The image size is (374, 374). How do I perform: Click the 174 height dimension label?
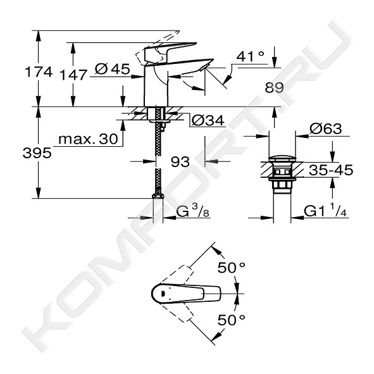tap(39, 72)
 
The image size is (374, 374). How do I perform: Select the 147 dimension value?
tap(73, 75)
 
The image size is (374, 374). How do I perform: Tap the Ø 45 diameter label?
tap(113, 69)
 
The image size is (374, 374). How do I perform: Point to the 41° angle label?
tap(251, 56)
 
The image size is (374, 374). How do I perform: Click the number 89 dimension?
tap(274, 87)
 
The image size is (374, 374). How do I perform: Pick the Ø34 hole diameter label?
tap(208, 121)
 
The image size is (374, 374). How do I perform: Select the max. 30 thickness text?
tap(88, 139)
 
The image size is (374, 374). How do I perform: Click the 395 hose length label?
tap(37, 153)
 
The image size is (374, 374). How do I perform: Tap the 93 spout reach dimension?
tap(180, 162)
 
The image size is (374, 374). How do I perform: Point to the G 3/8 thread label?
tap(193, 211)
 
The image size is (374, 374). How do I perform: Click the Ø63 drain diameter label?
tap(325, 129)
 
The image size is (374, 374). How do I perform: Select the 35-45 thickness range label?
tap(331, 170)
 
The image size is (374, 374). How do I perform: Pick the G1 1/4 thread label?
tap(325, 211)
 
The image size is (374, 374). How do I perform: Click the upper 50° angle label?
tap(231, 268)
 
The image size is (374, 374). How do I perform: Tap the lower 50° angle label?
tap(231, 320)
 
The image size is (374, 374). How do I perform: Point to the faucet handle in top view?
tap(186, 294)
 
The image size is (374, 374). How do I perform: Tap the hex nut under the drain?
tap(282, 185)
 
